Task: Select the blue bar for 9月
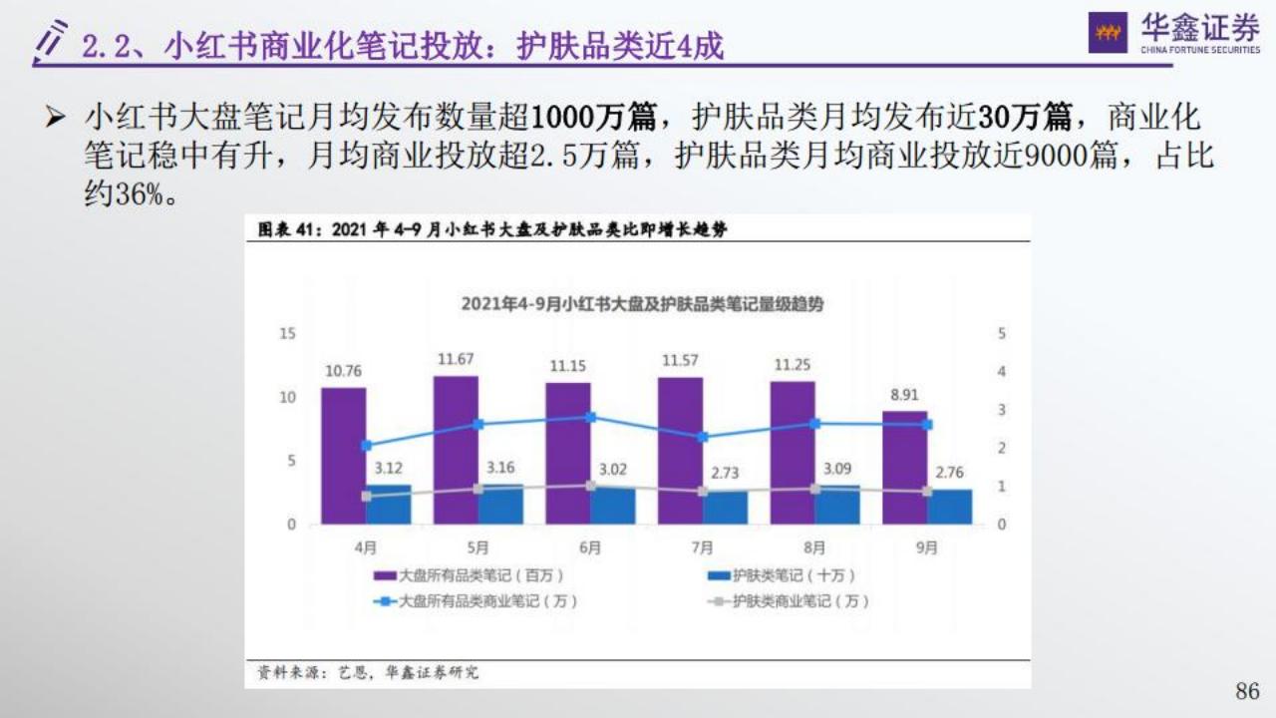click(950, 507)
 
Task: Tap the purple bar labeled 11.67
click(456, 450)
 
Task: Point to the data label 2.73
click(725, 473)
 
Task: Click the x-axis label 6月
click(590, 547)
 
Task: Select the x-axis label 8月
click(814, 547)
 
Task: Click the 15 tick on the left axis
click(287, 333)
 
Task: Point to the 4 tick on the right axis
click(1001, 372)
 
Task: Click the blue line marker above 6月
click(590, 418)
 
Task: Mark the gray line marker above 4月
click(366, 496)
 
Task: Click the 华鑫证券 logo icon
click(1108, 33)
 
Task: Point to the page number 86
click(1247, 691)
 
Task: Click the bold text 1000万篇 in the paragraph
click(593, 119)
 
